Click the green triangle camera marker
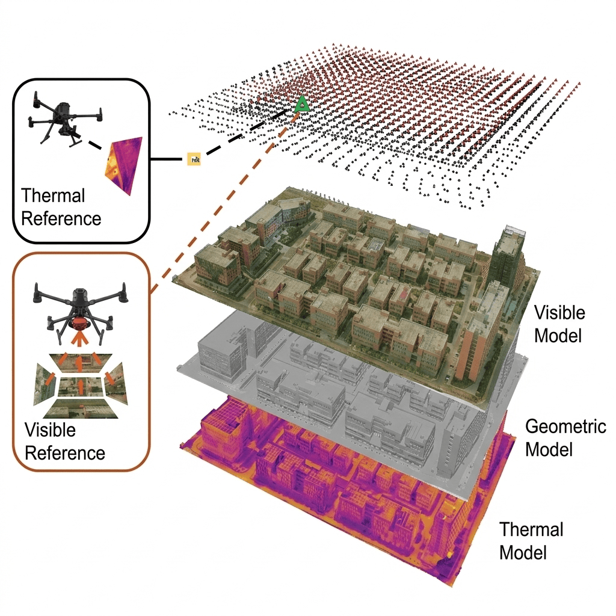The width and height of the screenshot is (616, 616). pos(302,104)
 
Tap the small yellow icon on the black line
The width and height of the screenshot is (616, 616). pos(195,159)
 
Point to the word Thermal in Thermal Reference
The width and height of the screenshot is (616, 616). pos(53,196)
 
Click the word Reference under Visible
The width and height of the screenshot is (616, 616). pos(64,452)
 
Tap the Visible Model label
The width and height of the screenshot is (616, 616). pos(559,324)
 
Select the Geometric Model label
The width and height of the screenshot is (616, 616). pos(565,438)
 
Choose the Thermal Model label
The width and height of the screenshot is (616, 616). pos(531,540)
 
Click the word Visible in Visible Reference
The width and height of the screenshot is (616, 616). pos(50,431)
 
